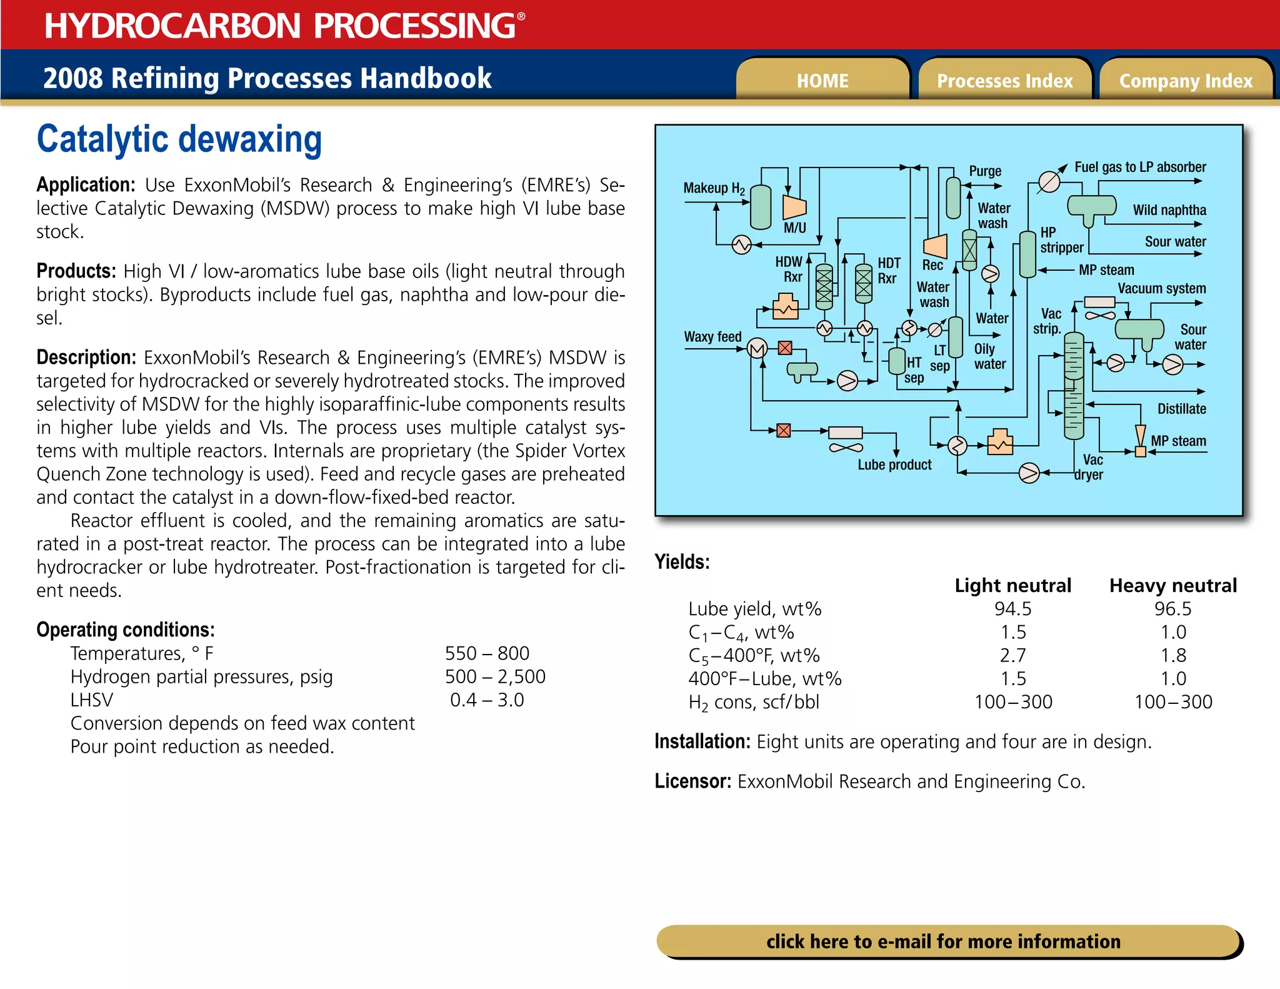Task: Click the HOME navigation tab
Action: pyautogui.click(x=822, y=81)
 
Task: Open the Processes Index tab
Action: pyautogui.click(x=1004, y=81)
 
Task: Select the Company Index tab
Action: pyautogui.click(x=1186, y=81)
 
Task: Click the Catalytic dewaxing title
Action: pyautogui.click(x=179, y=139)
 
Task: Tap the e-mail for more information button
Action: pyautogui.click(x=943, y=941)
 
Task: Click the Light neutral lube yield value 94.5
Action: pyautogui.click(x=1012, y=608)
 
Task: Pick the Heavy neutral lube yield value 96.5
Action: pyautogui.click(x=1172, y=608)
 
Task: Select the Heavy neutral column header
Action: pyautogui.click(x=1172, y=585)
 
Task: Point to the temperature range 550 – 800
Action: pyautogui.click(x=487, y=653)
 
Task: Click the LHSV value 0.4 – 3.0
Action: pyautogui.click(x=487, y=700)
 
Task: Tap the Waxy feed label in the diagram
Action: pyautogui.click(x=712, y=336)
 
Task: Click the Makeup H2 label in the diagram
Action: pyautogui.click(x=714, y=188)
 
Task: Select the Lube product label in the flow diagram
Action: pyautogui.click(x=894, y=464)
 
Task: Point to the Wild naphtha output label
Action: pyautogui.click(x=1169, y=210)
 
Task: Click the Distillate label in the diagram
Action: pyautogui.click(x=1181, y=409)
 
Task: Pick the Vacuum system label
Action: pyautogui.click(x=1161, y=288)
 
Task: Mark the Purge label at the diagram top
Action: pyautogui.click(x=985, y=171)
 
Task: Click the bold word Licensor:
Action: pyautogui.click(x=692, y=781)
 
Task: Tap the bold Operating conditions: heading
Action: pyautogui.click(x=125, y=630)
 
